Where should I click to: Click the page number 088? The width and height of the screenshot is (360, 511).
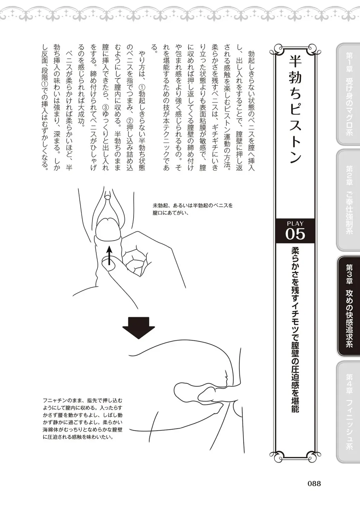pos(314,483)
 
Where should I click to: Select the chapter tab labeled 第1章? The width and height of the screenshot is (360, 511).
pos(348,94)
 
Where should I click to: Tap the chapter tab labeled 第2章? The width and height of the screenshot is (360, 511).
pos(348,200)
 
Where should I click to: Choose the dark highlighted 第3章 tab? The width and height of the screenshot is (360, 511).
pos(349,306)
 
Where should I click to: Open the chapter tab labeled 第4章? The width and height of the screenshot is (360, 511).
pos(348,412)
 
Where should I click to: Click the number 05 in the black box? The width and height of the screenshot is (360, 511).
pos(295,234)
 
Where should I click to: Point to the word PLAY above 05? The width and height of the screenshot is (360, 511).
pos(295,223)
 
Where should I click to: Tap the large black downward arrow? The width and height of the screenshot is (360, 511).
pos(138,327)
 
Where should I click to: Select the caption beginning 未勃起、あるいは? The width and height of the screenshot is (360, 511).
pos(193,209)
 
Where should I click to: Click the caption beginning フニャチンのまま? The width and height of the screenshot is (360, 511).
pos(83,418)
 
